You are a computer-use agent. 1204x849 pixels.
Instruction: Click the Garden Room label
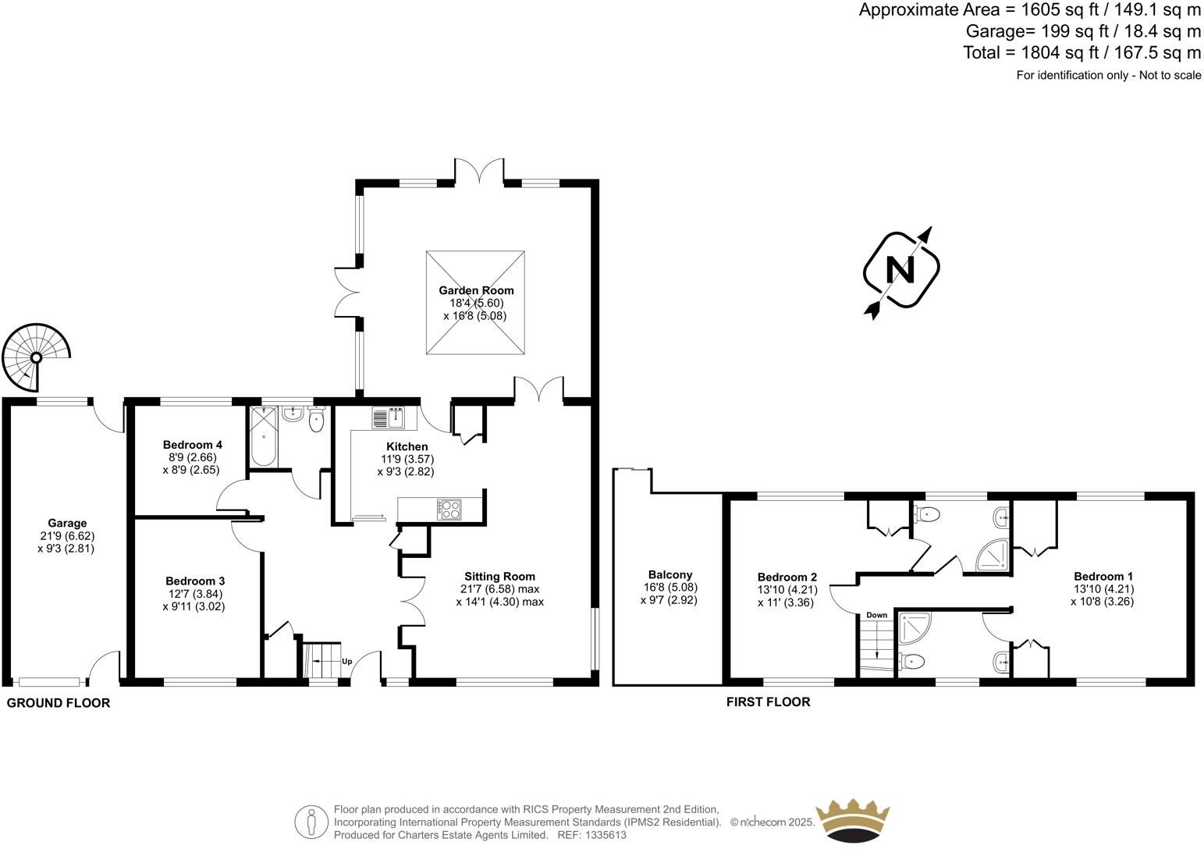pos(475,290)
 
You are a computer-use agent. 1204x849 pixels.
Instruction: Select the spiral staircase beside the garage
pos(36,358)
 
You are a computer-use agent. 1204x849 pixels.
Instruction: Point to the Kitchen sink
pos(388,418)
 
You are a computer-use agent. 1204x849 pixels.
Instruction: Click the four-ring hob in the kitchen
pos(451,509)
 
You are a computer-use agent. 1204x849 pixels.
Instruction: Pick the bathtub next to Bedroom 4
pos(264,437)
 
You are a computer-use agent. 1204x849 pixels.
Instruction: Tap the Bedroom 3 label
pos(195,581)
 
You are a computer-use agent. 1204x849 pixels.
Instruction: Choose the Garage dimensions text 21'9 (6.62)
pos(67,536)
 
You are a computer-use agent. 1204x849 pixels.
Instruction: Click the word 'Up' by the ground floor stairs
pos(346,661)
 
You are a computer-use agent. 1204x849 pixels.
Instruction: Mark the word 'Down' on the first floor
pos(876,615)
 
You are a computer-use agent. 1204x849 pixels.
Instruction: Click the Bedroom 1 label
pos(1103,576)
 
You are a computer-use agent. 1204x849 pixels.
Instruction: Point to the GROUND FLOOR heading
pos(59,702)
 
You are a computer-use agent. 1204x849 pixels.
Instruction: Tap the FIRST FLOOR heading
pos(768,702)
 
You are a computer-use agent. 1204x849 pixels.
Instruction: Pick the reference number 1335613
pos(607,835)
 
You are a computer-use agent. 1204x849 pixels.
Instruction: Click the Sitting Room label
pos(499,576)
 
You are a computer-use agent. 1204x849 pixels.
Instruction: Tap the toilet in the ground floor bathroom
pos(316,420)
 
